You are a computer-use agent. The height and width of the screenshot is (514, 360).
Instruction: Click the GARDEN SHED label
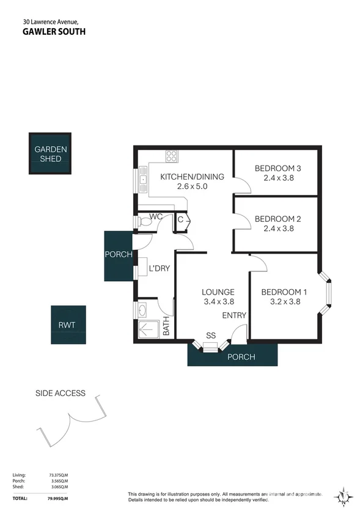51,154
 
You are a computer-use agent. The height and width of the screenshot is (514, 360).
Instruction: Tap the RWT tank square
68,325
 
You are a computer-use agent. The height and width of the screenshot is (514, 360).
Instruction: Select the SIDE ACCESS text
61,393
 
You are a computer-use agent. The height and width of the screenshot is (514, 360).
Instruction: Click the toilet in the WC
145,222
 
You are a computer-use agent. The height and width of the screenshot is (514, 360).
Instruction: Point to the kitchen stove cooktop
172,156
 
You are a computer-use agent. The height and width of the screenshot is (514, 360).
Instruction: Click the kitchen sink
143,180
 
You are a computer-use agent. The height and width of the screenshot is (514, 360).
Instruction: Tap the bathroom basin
142,310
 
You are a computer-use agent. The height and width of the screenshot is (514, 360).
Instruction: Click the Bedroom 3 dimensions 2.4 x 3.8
279,178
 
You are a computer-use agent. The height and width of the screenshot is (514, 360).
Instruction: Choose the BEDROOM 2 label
277,219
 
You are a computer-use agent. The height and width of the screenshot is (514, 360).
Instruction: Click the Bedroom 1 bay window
325,292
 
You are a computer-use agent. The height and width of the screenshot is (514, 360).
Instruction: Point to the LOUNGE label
218,292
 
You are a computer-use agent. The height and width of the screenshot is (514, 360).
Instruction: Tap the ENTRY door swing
239,334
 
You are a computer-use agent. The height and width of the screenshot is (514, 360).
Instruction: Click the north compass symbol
343,497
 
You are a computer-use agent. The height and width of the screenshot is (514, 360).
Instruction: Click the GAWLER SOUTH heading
54,31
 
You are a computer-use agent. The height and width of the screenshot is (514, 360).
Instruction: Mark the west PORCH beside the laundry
119,256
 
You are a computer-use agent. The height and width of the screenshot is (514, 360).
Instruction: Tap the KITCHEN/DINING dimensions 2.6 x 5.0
193,186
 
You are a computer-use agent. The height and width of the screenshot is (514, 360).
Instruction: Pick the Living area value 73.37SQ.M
58,475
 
